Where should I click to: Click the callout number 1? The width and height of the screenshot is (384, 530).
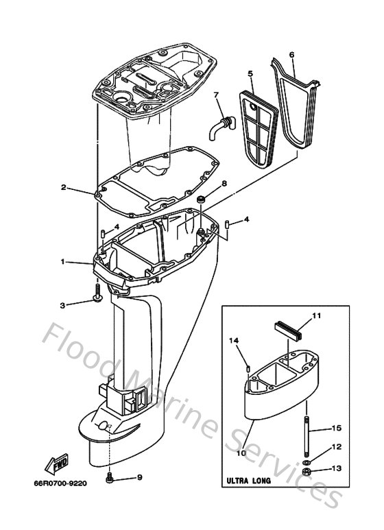point(63,261)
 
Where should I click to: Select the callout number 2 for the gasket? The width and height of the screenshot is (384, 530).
point(63,187)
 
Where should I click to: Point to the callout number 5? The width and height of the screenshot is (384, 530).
point(250,73)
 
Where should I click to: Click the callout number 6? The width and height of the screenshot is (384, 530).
point(291,54)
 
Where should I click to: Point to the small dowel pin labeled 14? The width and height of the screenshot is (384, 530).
point(244,371)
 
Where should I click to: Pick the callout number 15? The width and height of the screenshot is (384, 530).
point(336,428)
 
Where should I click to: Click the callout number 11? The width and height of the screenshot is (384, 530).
point(316,316)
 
